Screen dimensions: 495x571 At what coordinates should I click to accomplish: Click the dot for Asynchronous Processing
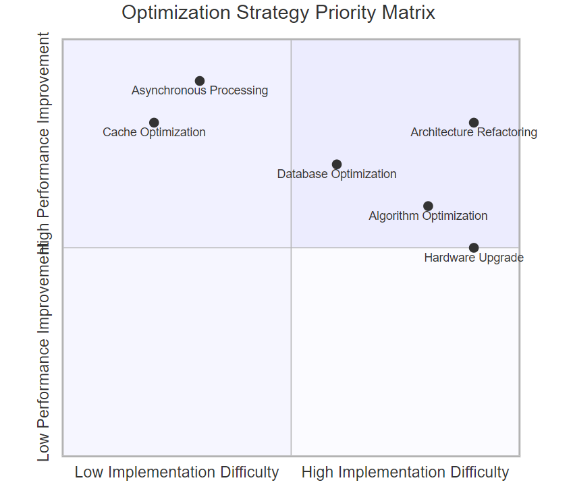tap(200, 81)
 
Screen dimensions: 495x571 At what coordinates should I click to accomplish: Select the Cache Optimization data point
tap(154, 123)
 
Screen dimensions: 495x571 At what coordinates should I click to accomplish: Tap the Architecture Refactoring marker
tap(474, 123)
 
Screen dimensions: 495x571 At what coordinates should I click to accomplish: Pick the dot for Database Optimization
tap(337, 165)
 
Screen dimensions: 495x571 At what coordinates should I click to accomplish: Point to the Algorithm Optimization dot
tap(428, 206)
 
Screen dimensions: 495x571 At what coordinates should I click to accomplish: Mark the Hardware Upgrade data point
tap(474, 248)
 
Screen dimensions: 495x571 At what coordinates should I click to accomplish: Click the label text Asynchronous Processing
tap(200, 91)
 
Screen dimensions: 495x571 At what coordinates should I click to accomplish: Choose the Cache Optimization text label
tap(154, 133)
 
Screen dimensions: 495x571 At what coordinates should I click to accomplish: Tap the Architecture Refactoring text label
tap(474, 133)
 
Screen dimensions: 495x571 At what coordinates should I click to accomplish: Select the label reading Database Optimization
tap(337, 175)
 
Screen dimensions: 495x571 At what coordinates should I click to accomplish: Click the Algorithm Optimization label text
tap(428, 216)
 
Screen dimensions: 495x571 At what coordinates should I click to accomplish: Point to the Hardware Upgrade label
tap(474, 258)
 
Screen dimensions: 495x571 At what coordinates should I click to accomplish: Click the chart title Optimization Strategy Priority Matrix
tap(278, 13)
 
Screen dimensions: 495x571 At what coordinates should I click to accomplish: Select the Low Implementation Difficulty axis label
tap(177, 473)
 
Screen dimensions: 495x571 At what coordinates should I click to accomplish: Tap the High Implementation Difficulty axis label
tap(405, 473)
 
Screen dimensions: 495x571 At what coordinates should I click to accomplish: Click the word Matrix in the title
tap(411, 13)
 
